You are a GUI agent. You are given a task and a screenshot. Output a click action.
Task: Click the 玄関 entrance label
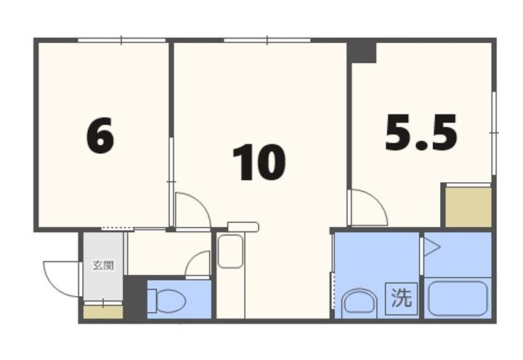(x=102, y=266)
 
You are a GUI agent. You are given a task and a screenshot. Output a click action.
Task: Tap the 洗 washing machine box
(x=401, y=298)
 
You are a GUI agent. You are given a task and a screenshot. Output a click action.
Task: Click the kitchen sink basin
(x=230, y=251)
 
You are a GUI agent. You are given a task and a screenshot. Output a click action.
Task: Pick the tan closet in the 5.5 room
(x=468, y=207)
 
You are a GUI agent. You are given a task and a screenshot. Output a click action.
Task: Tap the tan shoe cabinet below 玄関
(x=102, y=313)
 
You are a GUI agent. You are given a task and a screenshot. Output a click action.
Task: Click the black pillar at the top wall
(x=361, y=51)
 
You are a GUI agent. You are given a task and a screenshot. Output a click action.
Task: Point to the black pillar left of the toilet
(x=135, y=298)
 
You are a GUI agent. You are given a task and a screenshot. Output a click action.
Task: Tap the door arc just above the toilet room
(x=198, y=264)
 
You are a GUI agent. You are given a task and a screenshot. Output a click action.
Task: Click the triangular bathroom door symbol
(x=431, y=247)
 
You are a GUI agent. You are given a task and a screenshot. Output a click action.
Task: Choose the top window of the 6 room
(x=121, y=39)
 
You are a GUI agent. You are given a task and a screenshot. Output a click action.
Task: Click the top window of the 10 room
(x=267, y=39)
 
